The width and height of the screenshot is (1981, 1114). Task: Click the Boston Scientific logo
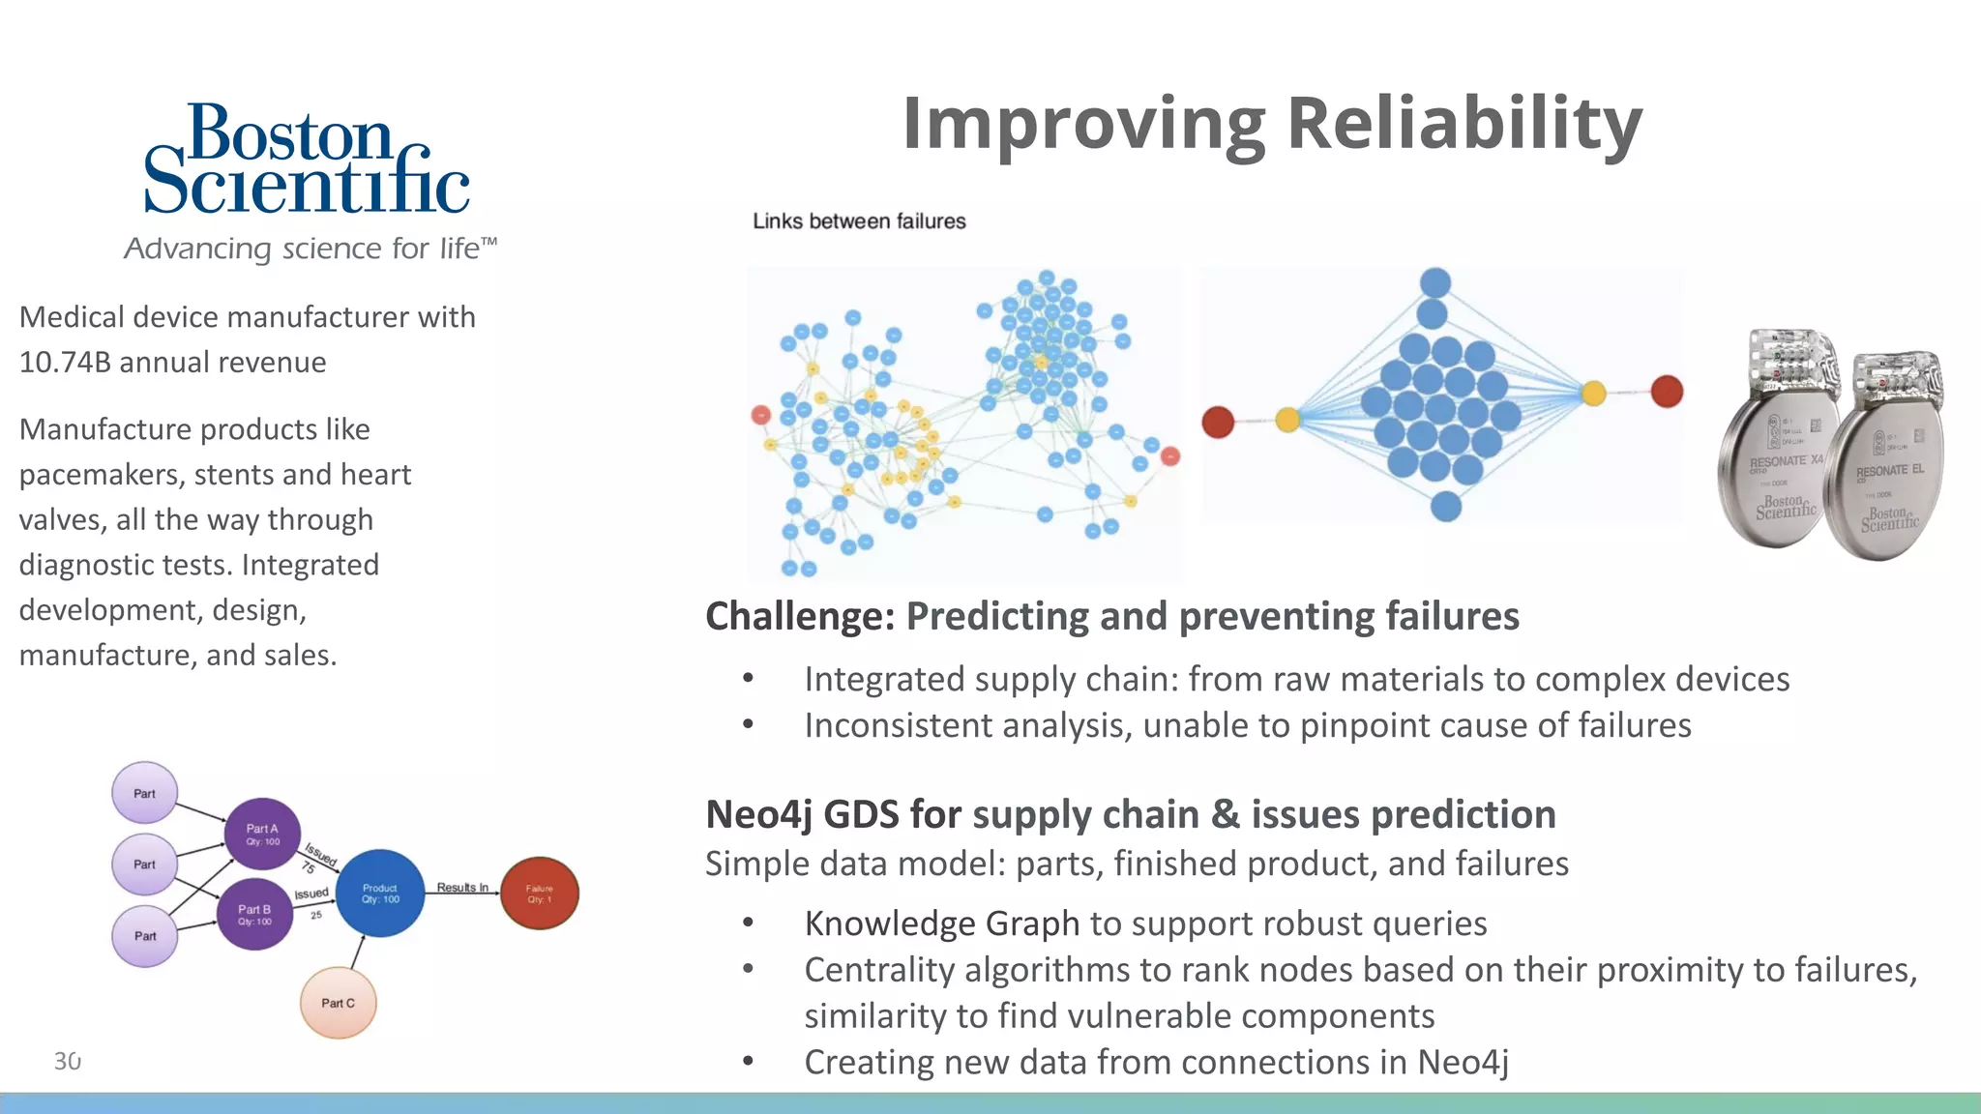click(x=306, y=160)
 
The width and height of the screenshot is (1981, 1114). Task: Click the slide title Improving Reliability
click(x=1271, y=124)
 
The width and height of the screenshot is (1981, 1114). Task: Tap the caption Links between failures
click(x=859, y=221)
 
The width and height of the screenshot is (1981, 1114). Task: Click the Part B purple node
click(x=255, y=914)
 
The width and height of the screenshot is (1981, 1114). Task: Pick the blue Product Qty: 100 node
click(x=380, y=893)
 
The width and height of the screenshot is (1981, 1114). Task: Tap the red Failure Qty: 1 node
click(x=540, y=893)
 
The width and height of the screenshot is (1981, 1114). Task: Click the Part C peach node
click(x=338, y=1003)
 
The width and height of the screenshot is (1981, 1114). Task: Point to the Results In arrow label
click(x=462, y=887)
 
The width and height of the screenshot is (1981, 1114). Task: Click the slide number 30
click(x=68, y=1061)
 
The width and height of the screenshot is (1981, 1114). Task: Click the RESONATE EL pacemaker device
click(x=1886, y=459)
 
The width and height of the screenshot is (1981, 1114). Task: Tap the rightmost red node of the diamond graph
click(x=1667, y=392)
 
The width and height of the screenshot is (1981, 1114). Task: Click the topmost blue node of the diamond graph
click(x=1435, y=283)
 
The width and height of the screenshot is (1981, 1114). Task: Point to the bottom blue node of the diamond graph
click(x=1445, y=506)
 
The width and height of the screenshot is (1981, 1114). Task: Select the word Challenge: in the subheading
click(x=800, y=616)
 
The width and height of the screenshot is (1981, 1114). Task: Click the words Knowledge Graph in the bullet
click(x=941, y=923)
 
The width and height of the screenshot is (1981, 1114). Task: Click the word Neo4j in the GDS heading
click(x=758, y=814)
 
